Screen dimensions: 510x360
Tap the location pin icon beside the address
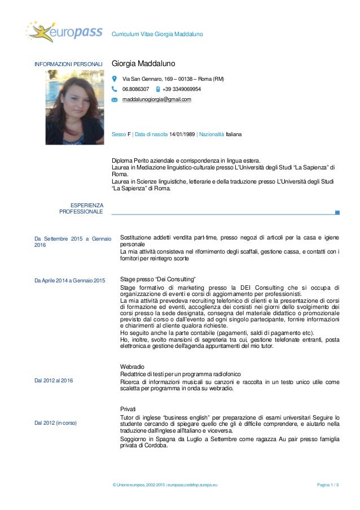point(115,79)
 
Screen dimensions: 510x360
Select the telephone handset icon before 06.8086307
point(115,89)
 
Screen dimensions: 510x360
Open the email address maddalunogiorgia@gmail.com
point(157,99)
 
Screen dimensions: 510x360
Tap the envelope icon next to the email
point(115,100)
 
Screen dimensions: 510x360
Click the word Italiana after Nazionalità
point(233,135)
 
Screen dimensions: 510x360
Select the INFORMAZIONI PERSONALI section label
point(69,65)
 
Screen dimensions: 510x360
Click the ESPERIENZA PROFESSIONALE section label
point(81,208)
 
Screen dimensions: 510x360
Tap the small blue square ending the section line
point(337,212)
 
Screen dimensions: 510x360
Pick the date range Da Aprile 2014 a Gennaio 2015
point(70,281)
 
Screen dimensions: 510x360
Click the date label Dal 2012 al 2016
point(54,380)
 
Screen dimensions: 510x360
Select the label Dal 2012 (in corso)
point(56,422)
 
